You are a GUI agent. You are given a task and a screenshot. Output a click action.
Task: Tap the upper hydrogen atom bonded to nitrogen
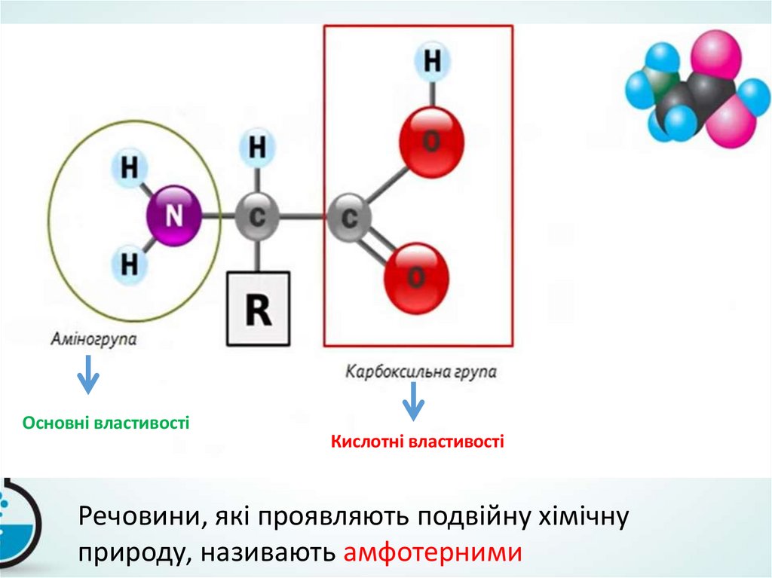(x=130, y=167)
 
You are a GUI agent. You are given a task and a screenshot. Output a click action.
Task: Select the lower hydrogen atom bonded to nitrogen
(x=130, y=265)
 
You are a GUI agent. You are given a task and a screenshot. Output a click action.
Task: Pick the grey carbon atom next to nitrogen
(x=257, y=217)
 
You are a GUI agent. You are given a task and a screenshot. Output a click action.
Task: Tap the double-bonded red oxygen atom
(x=416, y=278)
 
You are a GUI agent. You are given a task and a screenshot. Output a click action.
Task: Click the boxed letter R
(x=259, y=309)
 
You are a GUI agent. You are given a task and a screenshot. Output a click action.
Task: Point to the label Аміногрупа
(x=94, y=339)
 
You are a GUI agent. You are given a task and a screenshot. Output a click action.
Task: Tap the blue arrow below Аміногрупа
(x=89, y=375)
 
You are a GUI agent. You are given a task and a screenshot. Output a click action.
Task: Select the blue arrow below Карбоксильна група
(x=412, y=402)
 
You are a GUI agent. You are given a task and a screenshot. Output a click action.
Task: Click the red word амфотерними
(x=432, y=552)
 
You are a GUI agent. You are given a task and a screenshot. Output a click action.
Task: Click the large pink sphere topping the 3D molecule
(x=715, y=54)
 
